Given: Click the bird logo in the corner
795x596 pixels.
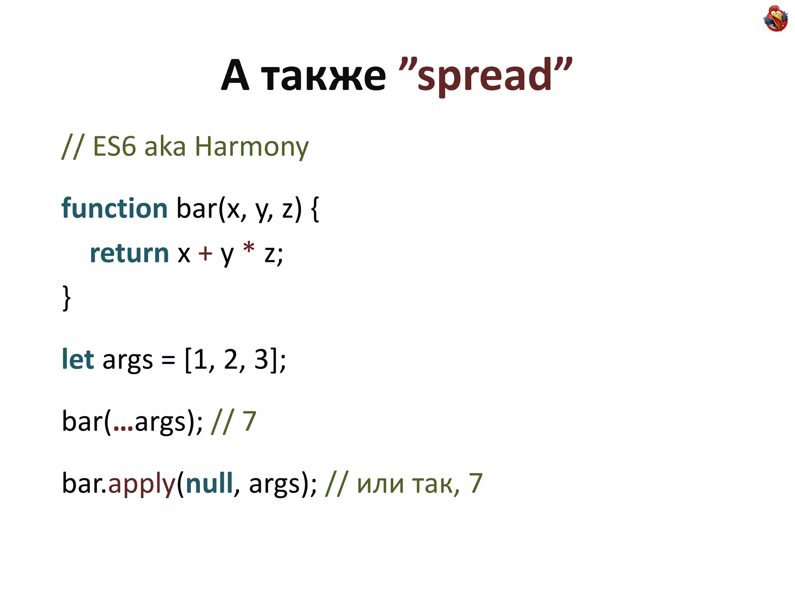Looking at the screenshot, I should pos(775,18).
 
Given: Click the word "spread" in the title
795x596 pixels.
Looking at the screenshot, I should pos(484,76).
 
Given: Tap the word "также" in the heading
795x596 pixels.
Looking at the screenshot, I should pos(323,76).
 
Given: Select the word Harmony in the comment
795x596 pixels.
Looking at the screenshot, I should pos(252,147).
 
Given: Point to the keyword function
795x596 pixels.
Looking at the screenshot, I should pos(115,208).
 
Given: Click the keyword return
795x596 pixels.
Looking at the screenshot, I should pos(129,253).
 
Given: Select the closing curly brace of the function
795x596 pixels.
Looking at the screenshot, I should pos(66,298).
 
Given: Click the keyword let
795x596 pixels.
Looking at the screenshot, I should pos(78,359).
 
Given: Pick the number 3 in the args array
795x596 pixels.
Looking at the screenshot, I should pos(261,359).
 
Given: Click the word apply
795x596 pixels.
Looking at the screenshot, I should pos(142,484).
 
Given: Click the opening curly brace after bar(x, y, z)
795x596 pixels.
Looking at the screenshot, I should pos(315,209).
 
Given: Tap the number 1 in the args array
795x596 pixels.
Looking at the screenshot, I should pos(201,359).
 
